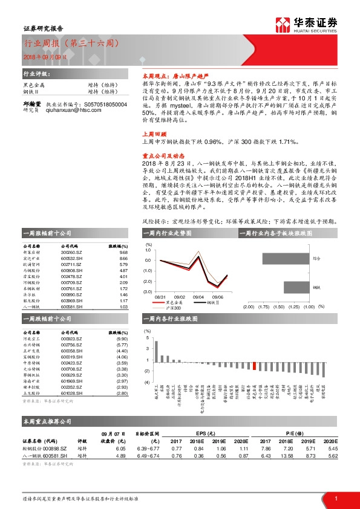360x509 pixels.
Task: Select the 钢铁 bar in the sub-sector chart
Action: (283, 287)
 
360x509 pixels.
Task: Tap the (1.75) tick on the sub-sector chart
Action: (264, 307)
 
